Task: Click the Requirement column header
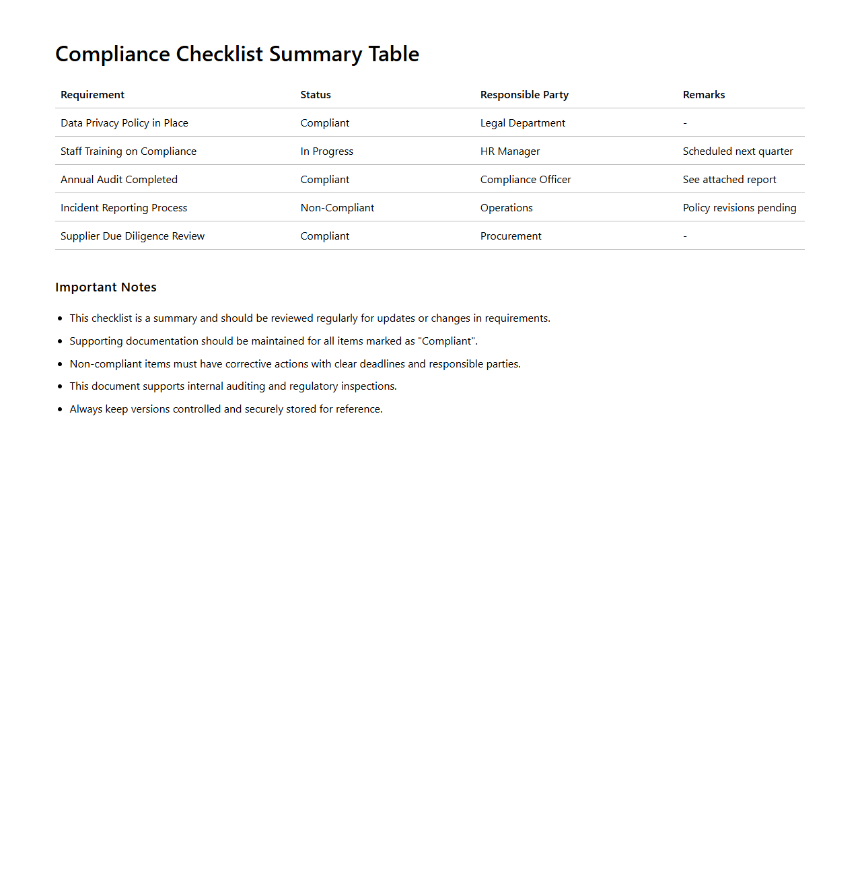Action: click(92, 95)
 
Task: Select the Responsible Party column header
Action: click(524, 95)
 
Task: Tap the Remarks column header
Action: click(703, 95)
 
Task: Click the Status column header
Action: click(316, 95)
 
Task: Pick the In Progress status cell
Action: click(326, 151)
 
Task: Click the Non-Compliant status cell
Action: click(337, 208)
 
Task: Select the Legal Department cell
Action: click(522, 123)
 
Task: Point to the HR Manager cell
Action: click(509, 151)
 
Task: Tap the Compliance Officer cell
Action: click(525, 180)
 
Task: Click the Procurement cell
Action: click(510, 236)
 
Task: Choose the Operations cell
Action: click(506, 208)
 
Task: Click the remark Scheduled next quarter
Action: click(738, 151)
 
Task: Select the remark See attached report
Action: click(729, 180)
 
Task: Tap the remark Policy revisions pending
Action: click(739, 208)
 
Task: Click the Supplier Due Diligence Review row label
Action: click(132, 236)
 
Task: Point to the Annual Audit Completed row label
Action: click(118, 180)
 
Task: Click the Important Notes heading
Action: click(106, 287)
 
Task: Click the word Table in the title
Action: click(394, 54)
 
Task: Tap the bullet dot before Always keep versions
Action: click(60, 409)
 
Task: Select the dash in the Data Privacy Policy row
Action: click(685, 123)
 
